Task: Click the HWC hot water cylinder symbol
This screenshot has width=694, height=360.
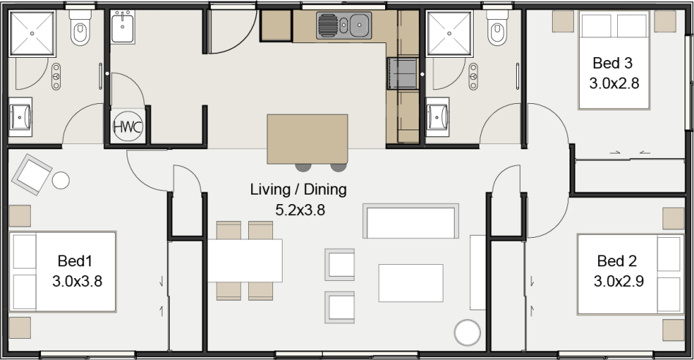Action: pyautogui.click(x=128, y=127)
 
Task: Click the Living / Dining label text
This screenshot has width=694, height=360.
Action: pyautogui.click(x=298, y=190)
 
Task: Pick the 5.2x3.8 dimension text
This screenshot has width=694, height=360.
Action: pyautogui.click(x=300, y=210)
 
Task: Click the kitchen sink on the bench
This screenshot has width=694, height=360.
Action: pyautogui.click(x=344, y=26)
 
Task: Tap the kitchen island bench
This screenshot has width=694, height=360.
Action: pyautogui.click(x=307, y=139)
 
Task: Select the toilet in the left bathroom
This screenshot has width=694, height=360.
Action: pyautogui.click(x=80, y=27)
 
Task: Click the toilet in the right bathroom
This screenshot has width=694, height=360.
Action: pyautogui.click(x=498, y=27)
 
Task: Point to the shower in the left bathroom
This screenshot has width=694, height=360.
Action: pyautogui.click(x=32, y=34)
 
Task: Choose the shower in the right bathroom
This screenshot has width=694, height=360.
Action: pyautogui.click(x=449, y=34)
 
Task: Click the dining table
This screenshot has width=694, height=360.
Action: pyautogui.click(x=245, y=260)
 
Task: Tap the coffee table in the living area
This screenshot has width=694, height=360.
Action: pyautogui.click(x=411, y=283)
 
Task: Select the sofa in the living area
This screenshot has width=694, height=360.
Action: pyautogui.click(x=411, y=221)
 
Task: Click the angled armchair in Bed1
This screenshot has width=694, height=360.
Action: pyautogui.click(x=32, y=175)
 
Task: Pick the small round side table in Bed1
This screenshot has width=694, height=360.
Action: pyautogui.click(x=61, y=180)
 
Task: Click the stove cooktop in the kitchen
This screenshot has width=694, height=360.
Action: pyautogui.click(x=403, y=73)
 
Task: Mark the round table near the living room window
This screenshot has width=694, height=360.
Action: pyautogui.click(x=467, y=333)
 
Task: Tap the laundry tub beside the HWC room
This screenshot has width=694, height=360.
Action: pyautogui.click(x=122, y=27)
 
